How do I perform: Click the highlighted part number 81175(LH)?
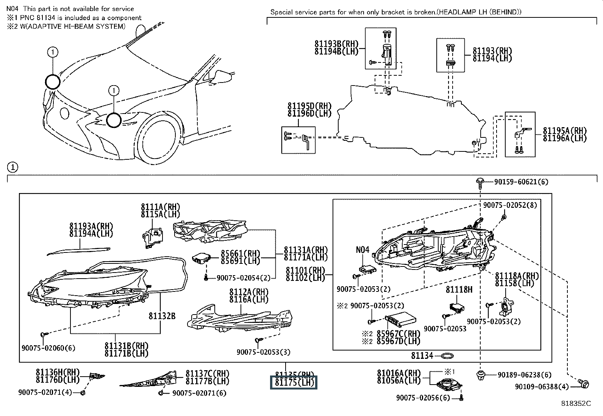point(293,382)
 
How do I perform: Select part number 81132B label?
point(162,316)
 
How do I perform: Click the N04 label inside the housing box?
point(362,250)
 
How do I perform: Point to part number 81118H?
point(459,290)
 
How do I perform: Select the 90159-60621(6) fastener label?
point(521,182)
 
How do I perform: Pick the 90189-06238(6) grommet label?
point(525,375)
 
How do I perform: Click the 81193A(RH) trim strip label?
point(91,226)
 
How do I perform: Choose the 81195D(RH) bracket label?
point(309,106)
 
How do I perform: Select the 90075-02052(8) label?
point(510,205)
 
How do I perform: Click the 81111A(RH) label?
point(160,207)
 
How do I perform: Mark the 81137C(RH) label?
point(207,374)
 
